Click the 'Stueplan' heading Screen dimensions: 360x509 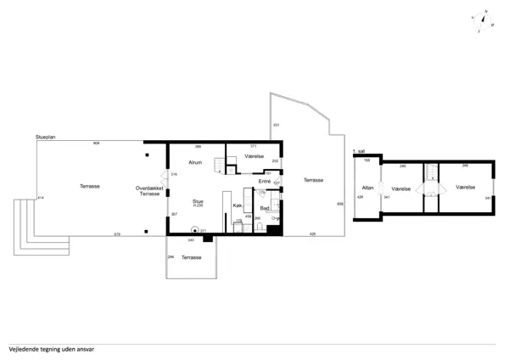46,137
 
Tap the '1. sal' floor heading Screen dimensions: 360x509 358,151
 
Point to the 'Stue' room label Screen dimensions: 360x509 197,201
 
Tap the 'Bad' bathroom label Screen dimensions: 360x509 264,208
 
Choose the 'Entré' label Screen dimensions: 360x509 265,181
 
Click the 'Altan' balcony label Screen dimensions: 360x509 367,187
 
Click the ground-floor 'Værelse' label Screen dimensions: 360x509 254,157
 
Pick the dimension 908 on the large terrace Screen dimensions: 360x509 96,143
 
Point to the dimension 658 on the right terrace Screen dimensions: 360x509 340,204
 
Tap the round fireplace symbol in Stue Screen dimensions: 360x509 194,229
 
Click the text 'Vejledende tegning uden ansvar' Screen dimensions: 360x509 51,348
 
